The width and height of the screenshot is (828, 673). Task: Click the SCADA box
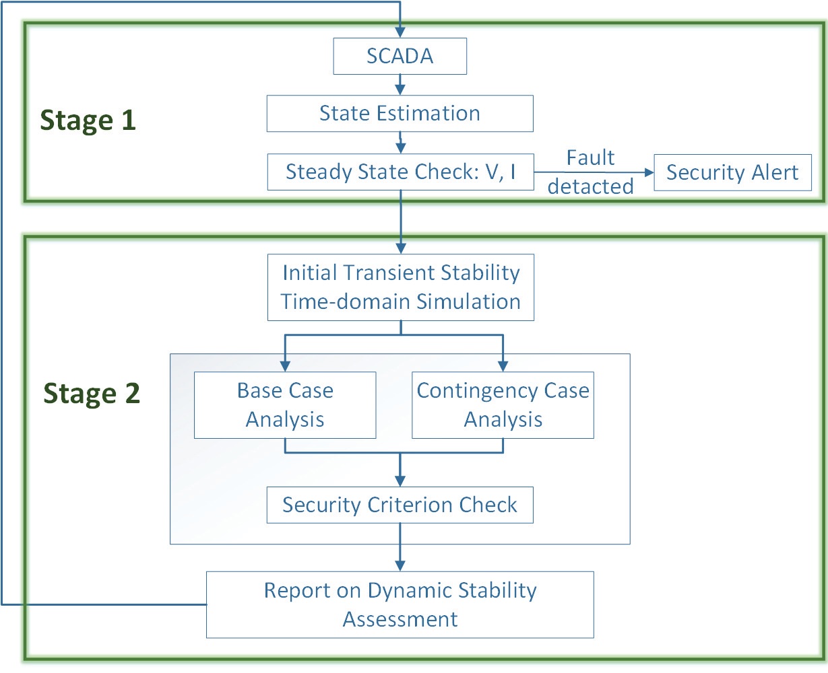pyautogui.click(x=400, y=56)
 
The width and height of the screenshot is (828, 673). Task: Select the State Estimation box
pyautogui.click(x=400, y=113)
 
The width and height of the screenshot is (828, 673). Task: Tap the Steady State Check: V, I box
pyautogui.click(x=400, y=172)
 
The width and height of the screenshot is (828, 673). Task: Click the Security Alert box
pyautogui.click(x=732, y=172)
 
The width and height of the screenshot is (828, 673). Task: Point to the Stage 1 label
pyautogui.click(x=88, y=120)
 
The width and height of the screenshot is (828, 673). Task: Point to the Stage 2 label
pyautogui.click(x=92, y=393)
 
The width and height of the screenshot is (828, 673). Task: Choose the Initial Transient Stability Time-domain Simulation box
pyautogui.click(x=400, y=287)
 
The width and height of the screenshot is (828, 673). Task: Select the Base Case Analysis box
pyautogui.click(x=285, y=405)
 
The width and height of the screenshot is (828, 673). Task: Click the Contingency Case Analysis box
pyautogui.click(x=503, y=405)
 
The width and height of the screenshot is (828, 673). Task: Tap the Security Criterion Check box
pyautogui.click(x=400, y=505)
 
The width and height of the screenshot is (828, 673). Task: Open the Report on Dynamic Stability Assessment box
pyautogui.click(x=400, y=604)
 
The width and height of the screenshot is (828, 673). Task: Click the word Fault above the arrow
pyautogui.click(x=590, y=157)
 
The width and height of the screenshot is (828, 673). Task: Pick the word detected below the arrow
pyautogui.click(x=590, y=186)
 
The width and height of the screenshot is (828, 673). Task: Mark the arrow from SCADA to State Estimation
pyautogui.click(x=400, y=85)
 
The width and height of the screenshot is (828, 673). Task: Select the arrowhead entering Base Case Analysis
pyautogui.click(x=285, y=366)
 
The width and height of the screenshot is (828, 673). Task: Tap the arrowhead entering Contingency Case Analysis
pyautogui.click(x=503, y=366)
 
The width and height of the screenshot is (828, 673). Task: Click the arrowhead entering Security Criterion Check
pyautogui.click(x=400, y=481)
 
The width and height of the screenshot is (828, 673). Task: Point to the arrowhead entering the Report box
pyautogui.click(x=400, y=565)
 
